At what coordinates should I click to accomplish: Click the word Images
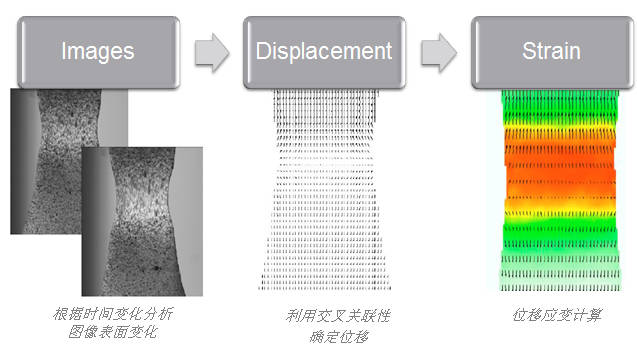(97, 50)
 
